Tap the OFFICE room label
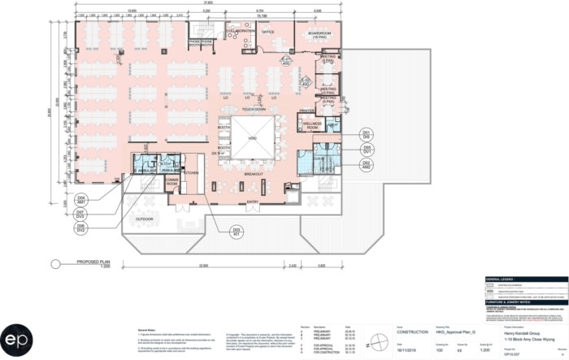267,32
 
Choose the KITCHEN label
192,173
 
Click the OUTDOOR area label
145,218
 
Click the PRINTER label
306,110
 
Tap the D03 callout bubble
237,232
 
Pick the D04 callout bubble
81,199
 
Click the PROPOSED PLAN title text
93,262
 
